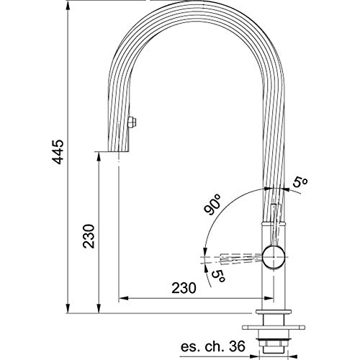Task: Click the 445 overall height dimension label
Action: point(58,152)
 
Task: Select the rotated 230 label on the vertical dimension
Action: point(89,236)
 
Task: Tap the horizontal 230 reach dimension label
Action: point(184,288)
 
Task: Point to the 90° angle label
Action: point(212,204)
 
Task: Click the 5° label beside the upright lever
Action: point(300,182)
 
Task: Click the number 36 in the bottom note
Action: point(237,346)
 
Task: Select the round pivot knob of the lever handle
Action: point(274,257)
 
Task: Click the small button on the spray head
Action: point(132,122)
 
